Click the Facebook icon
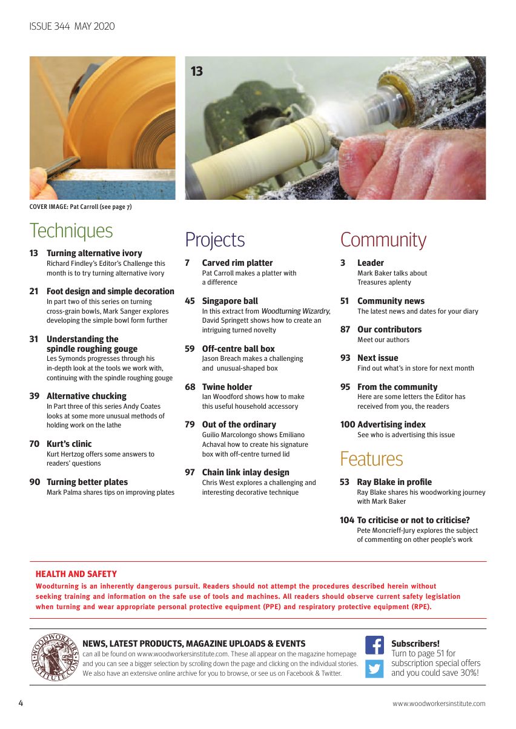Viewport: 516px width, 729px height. point(374,645)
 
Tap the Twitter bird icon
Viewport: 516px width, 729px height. point(374,668)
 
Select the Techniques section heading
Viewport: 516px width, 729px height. point(71,231)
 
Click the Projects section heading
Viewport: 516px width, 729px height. point(215,240)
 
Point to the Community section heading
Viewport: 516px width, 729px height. point(383,240)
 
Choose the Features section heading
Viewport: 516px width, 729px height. point(371,459)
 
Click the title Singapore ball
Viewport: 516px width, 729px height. point(230,301)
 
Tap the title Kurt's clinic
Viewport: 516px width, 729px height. point(69,444)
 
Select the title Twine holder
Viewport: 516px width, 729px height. point(227,387)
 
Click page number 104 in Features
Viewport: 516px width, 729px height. point(347,520)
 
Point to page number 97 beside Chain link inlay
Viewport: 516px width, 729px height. point(190,472)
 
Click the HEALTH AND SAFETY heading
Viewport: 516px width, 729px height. point(76,574)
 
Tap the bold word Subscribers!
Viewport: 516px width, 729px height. point(415,644)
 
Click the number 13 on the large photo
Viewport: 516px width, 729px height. point(197,72)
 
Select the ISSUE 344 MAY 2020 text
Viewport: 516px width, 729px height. point(72,26)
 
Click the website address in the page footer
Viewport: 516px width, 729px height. point(439,704)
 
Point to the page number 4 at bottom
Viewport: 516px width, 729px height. point(21,703)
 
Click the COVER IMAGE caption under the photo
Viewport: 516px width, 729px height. point(81,207)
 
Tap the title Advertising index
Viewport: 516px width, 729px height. point(391,424)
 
